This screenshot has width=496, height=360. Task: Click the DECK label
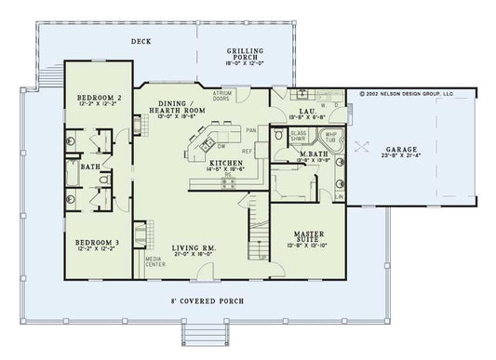pos(141,42)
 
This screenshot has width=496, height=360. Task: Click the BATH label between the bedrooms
pos(90,167)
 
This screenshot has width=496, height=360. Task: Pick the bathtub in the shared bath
pos(73,174)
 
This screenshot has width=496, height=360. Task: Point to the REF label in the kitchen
pos(248,151)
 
